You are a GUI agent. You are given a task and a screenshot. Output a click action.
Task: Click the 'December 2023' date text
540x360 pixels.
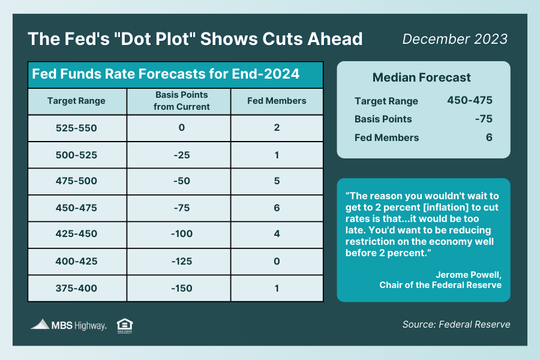coord(455,39)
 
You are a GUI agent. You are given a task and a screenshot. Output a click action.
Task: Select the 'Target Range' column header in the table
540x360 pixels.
coord(76,101)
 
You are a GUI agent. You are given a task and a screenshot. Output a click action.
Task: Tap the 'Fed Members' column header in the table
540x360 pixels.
coord(277,101)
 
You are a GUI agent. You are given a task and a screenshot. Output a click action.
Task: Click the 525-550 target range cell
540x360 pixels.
coord(76,128)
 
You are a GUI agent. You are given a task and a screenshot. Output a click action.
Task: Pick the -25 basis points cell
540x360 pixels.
coord(178,154)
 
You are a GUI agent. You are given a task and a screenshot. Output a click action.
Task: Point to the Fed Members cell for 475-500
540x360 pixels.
coord(277,181)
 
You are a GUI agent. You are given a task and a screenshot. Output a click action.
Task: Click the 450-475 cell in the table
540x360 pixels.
coord(76,208)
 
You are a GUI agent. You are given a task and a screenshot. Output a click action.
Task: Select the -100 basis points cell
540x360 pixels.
coord(178,234)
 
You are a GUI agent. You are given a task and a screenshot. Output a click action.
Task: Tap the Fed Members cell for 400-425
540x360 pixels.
coord(277,261)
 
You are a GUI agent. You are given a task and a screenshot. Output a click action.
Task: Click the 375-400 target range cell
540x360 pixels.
coord(76,288)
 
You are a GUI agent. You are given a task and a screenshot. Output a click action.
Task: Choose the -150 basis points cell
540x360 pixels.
coord(178,288)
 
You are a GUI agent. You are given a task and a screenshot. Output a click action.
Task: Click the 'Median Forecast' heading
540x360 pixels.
coord(421,77)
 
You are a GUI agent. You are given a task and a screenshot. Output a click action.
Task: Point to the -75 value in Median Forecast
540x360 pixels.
coord(483,119)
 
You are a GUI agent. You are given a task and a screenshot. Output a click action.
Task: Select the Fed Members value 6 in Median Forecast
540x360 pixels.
coord(489,137)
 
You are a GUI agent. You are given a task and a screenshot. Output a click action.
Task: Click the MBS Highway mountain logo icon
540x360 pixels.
coord(40,325)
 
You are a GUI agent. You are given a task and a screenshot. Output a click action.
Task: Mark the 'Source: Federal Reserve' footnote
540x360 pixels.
coord(456,325)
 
